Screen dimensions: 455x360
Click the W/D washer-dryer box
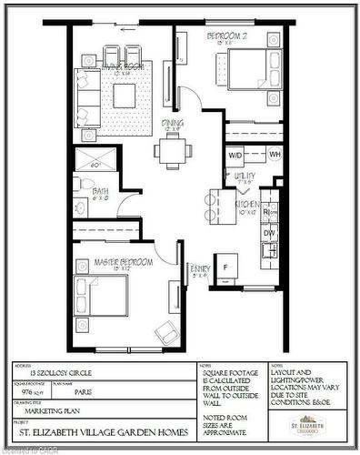pyautogui.click(x=235, y=154)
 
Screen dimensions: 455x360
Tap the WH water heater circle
pyautogui.click(x=275, y=154)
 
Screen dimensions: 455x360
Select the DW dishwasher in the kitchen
pyautogui.click(x=269, y=233)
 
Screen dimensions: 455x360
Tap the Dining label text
pyautogui.click(x=172, y=128)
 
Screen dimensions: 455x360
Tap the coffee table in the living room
pyautogui.click(x=125, y=95)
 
